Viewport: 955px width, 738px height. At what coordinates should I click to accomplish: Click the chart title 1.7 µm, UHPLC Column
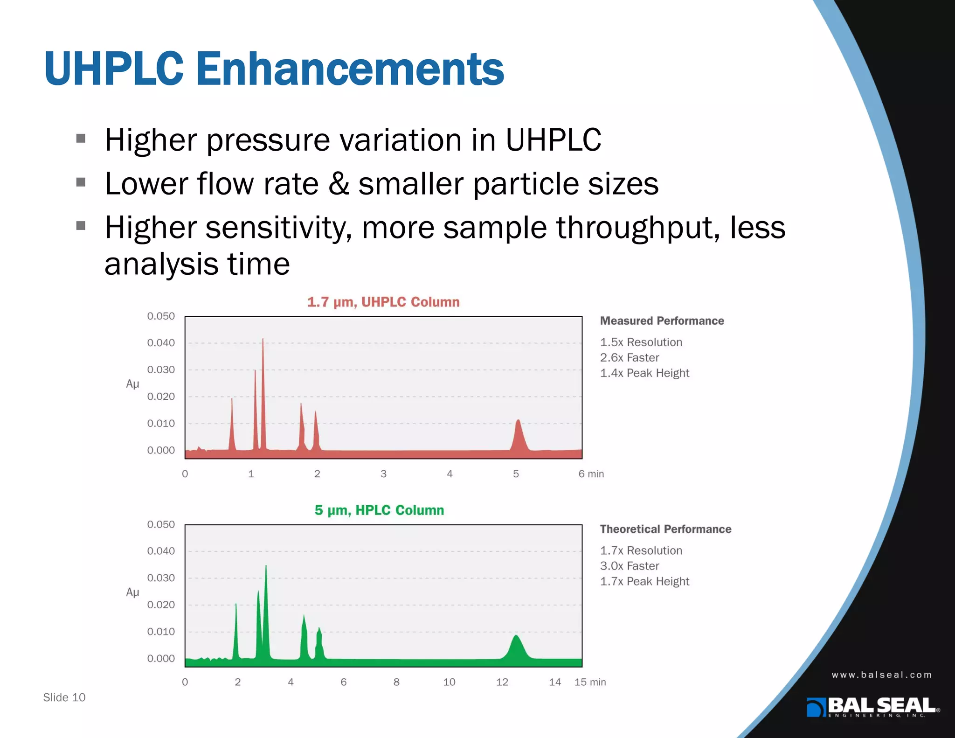coord(383,302)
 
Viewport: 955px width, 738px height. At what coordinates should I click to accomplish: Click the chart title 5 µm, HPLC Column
coord(379,510)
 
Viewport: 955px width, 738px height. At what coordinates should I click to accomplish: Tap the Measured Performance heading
coord(662,321)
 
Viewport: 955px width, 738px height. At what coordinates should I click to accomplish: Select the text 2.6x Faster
coord(630,358)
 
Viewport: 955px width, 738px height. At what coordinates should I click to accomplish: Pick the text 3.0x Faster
coord(630,566)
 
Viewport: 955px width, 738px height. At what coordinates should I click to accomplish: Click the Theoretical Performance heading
coord(665,529)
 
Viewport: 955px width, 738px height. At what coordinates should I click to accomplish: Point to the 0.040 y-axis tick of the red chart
coord(161,343)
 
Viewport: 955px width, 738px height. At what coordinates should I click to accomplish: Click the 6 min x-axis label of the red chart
coord(591,474)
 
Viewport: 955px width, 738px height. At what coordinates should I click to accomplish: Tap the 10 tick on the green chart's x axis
coord(449,682)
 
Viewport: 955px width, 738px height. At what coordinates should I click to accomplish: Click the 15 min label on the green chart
coord(590,682)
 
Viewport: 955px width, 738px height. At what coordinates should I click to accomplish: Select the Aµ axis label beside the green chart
coord(132,592)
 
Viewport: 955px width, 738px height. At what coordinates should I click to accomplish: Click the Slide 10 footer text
coord(64,697)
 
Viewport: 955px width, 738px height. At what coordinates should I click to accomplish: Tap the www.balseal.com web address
coord(882,675)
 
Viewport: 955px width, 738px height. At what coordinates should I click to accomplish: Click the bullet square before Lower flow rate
coord(81,182)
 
